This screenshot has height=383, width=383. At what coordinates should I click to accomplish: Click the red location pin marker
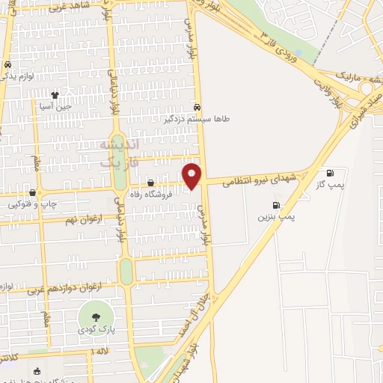[192, 175]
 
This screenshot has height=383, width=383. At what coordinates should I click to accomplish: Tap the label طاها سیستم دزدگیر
[197, 118]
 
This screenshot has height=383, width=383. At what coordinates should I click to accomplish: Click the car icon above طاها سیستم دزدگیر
[197, 106]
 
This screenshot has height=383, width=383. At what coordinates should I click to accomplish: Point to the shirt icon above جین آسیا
[55, 94]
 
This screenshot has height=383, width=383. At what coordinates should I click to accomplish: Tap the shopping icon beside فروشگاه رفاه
[152, 183]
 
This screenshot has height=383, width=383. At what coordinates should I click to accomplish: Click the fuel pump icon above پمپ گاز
[330, 173]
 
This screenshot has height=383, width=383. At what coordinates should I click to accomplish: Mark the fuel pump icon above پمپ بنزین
[277, 205]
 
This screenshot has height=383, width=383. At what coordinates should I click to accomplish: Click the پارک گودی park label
[95, 330]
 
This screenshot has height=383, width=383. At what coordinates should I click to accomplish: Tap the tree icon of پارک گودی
[95, 313]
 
